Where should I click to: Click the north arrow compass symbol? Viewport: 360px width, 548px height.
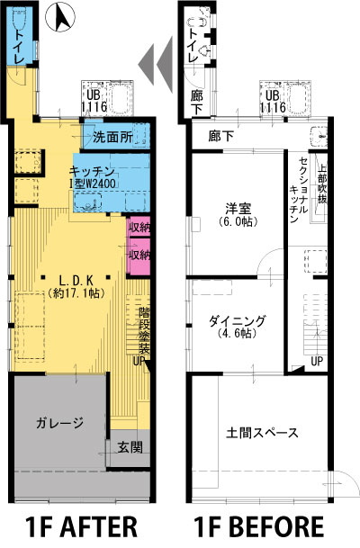point(61,18)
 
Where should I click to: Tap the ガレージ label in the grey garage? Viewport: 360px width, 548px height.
point(59,423)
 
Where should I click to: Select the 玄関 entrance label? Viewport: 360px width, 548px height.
point(130,447)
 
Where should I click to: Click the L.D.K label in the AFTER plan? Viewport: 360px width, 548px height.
point(76,281)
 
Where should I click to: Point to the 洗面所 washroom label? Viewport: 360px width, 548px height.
point(112,137)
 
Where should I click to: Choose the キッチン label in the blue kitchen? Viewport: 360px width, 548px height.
point(92,171)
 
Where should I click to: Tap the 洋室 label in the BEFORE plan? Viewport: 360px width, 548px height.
point(238,209)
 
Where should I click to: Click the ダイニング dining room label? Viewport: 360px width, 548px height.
point(238,320)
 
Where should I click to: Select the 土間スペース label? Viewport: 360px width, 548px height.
point(262,433)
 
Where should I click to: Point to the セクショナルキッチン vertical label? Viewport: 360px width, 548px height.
point(299,190)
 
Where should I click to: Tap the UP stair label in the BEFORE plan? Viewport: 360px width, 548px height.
point(317,361)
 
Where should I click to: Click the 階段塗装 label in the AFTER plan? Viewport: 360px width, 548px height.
point(144,330)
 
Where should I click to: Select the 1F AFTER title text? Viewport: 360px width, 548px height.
point(81,526)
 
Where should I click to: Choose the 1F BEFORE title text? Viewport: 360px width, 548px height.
point(259,526)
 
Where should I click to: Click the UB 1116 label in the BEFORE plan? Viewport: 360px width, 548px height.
point(273,102)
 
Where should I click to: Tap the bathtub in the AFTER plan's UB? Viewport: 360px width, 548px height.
point(121,97)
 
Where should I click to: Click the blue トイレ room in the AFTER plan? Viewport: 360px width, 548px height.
point(19,35)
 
